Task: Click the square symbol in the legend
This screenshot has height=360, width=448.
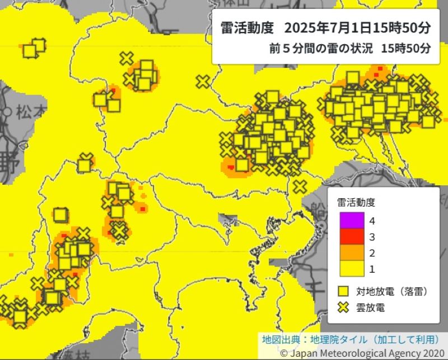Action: click(x=343, y=291)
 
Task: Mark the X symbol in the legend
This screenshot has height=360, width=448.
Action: click(x=343, y=307)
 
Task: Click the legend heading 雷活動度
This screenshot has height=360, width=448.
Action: click(x=356, y=202)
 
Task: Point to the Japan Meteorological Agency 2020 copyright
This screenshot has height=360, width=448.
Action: click(x=361, y=353)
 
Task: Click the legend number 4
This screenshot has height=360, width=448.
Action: click(x=372, y=221)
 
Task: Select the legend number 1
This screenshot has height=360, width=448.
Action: click(x=372, y=269)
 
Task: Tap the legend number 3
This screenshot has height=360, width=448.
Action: click(x=372, y=237)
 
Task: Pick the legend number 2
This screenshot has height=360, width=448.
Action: click(x=372, y=253)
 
